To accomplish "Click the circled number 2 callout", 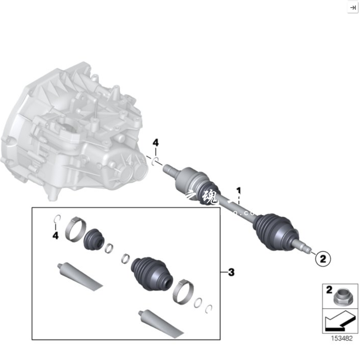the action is point(322,258).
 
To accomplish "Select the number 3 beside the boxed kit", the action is point(231,272).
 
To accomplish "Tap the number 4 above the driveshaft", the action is point(155,143).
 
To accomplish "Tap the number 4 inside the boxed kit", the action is point(55,235).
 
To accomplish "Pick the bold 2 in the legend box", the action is point(328,290).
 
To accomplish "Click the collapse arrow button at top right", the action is point(352,7).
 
